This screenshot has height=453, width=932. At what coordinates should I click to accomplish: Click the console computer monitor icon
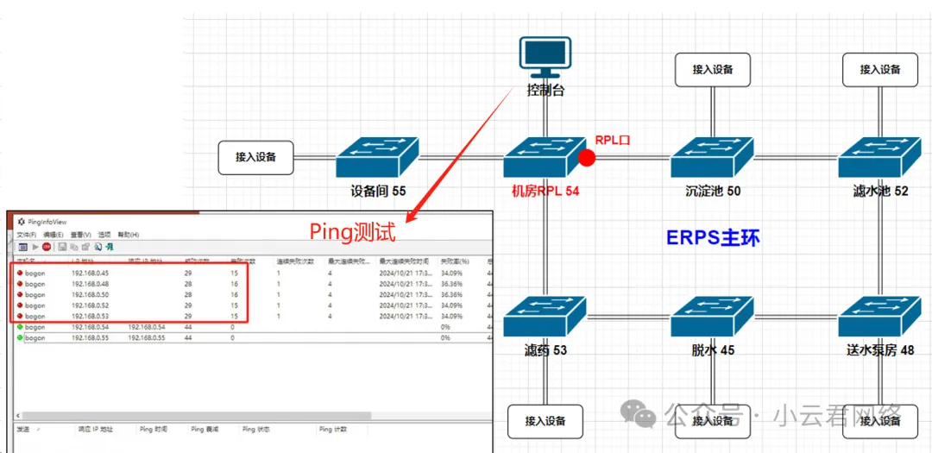tap(545, 57)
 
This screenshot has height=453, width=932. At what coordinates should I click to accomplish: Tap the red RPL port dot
tap(587, 158)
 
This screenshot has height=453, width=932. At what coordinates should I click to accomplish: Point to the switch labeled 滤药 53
tap(545, 317)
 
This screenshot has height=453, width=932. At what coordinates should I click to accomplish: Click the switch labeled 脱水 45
tap(712, 317)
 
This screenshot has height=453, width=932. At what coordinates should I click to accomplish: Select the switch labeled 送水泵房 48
tap(880, 317)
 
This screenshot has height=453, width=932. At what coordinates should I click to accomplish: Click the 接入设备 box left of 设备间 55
tap(256, 157)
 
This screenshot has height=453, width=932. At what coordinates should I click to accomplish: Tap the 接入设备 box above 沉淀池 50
tap(712, 70)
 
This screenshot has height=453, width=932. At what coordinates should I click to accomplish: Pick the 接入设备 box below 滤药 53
tap(545, 421)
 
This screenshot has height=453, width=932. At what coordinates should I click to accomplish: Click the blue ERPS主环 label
tap(714, 237)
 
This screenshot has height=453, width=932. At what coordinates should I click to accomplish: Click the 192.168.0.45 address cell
tap(90, 274)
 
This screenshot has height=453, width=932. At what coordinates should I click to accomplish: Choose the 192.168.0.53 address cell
tap(90, 317)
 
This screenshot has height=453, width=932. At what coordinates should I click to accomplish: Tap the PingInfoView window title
tap(47, 222)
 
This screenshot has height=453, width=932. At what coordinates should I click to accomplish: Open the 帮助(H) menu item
tap(129, 235)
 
